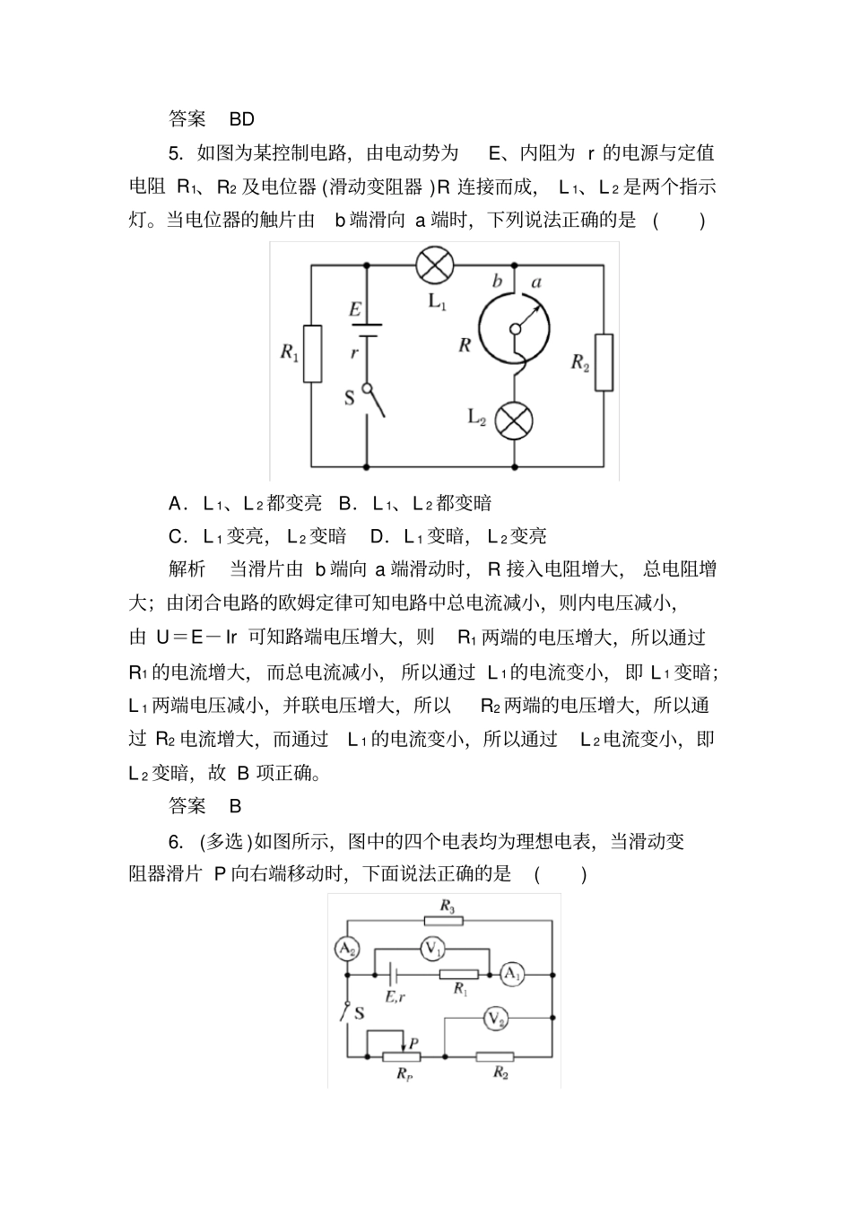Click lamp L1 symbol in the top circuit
pos(436,265)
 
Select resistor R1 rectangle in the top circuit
pos(312,353)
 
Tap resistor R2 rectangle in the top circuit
pos(604,362)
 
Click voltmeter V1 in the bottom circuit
pos(432,948)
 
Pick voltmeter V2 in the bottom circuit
pos(496,1019)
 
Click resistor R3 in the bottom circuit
pos(446,919)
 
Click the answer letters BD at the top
pos(242,118)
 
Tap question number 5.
pos(176,152)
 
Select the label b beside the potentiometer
pos(497,282)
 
